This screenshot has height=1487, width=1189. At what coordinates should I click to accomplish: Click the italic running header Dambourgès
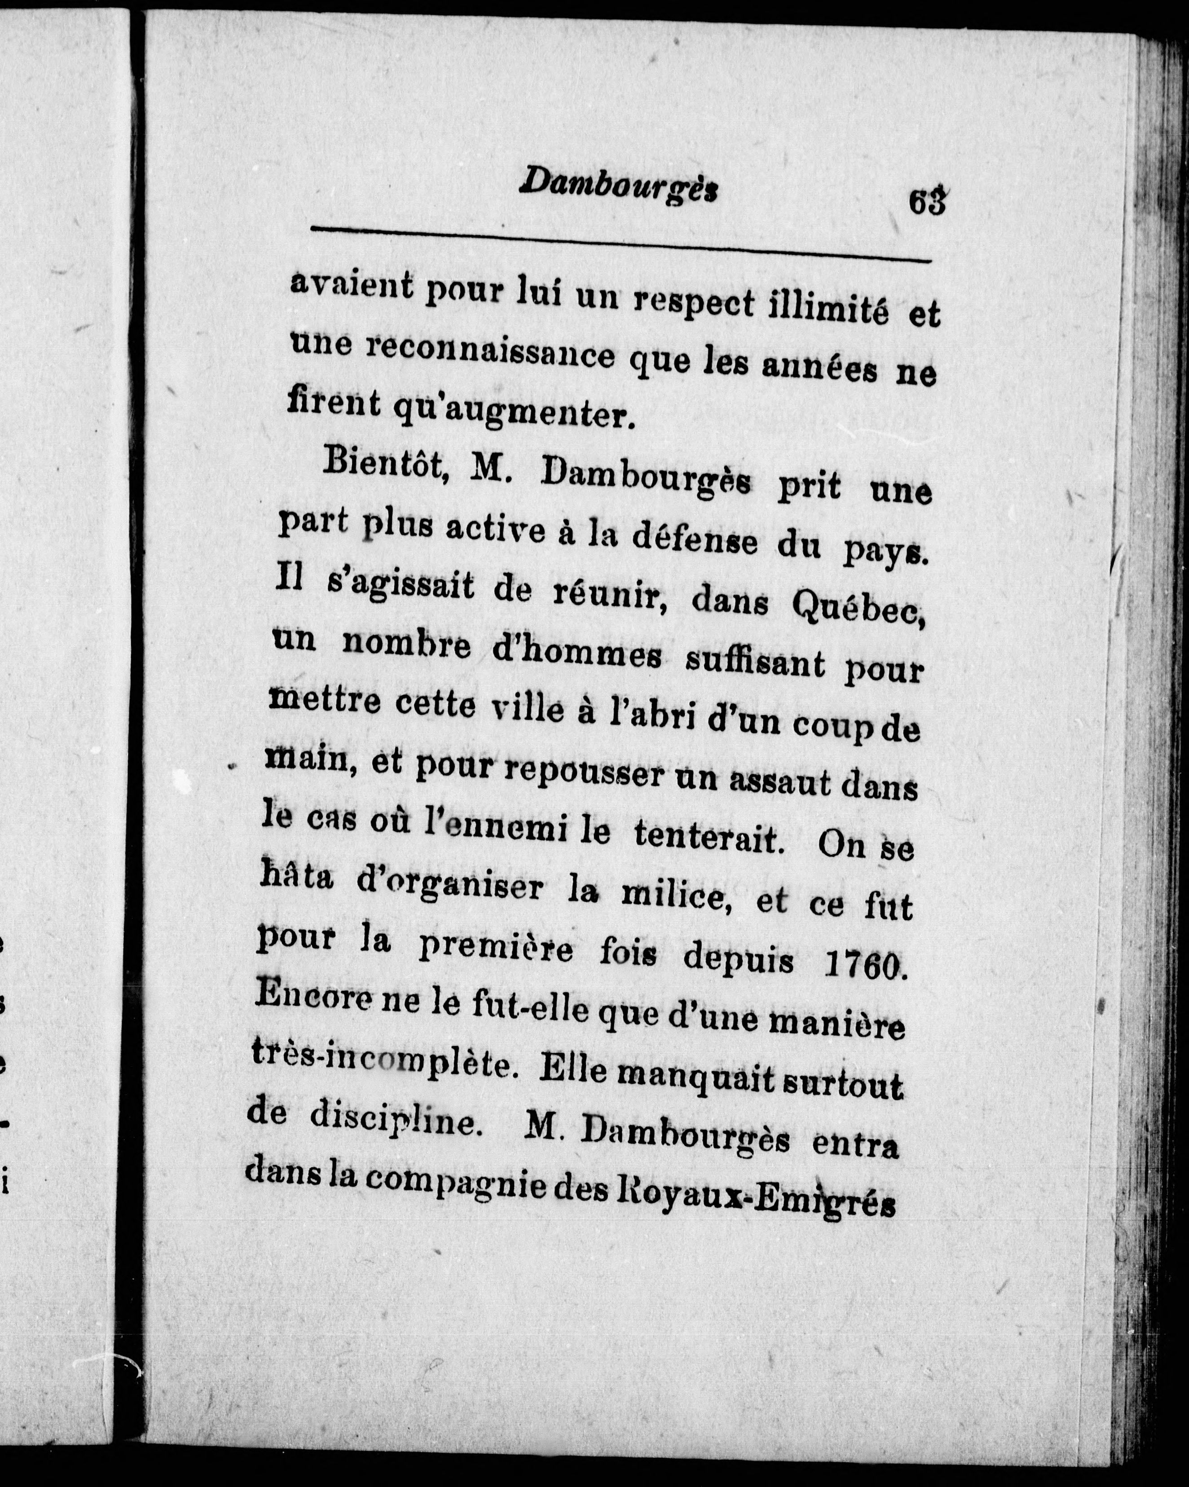[619, 185]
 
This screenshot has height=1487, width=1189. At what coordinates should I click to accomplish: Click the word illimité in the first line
[828, 307]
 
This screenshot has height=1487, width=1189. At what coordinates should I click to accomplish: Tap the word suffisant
[754, 662]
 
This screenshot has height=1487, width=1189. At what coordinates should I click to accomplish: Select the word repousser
[583, 772]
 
